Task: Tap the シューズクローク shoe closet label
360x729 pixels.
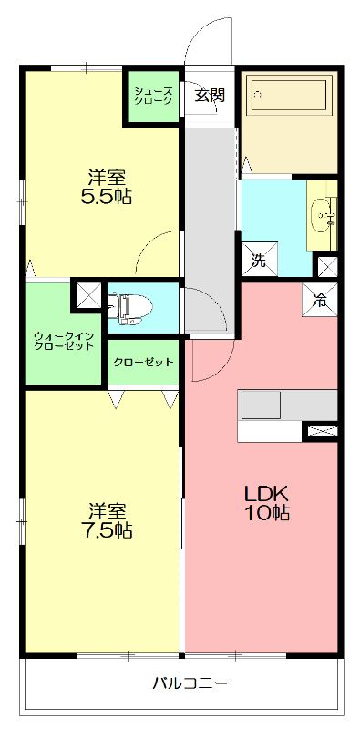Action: point(151,97)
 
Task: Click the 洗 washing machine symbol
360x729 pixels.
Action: point(258,260)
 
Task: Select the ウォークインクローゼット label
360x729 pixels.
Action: point(65,340)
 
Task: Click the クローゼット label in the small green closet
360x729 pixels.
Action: point(143,362)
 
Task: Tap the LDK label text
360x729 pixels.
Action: point(266,493)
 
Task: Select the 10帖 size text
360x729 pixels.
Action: point(266,513)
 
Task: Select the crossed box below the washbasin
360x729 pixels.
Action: point(326,267)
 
